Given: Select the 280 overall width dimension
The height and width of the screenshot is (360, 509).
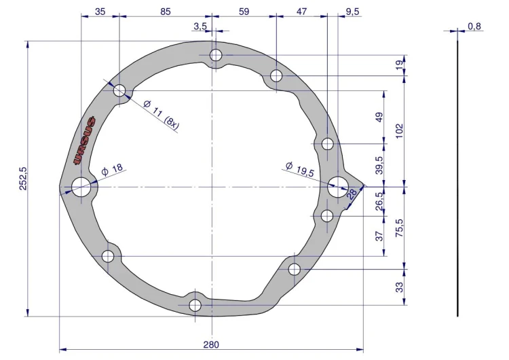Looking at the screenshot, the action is coord(211,344).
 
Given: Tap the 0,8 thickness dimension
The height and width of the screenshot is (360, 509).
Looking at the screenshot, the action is coord(474,26).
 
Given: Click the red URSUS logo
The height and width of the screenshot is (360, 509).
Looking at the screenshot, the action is coord(85,140).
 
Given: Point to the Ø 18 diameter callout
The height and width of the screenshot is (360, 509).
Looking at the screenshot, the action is coord(112,170).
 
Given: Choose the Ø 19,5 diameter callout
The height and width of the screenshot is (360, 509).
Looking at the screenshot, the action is coord(299,169).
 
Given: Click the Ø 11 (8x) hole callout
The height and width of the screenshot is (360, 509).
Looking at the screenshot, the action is coord(161,114).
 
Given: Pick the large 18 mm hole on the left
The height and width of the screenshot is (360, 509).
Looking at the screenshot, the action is coord(81,187).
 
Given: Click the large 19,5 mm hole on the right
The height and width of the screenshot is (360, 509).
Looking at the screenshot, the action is coord(338,187).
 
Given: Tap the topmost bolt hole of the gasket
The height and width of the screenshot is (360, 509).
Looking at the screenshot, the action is coord(216,55).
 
